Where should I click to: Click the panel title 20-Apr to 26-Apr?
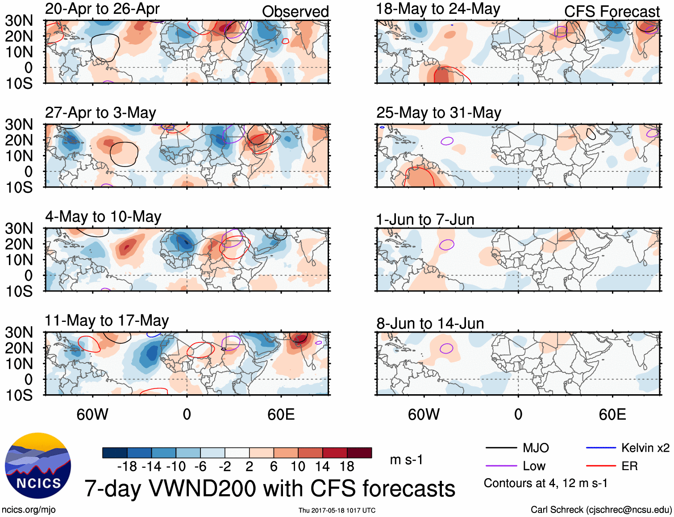(102, 9)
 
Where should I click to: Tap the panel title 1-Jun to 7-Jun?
(425, 220)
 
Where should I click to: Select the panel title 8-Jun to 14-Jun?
(430, 323)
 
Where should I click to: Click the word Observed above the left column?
(295, 12)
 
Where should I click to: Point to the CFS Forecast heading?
(612, 12)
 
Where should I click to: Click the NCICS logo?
(38, 466)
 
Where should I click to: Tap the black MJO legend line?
(501, 448)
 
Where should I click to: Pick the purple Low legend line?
(501, 466)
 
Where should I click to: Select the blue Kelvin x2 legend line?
(601, 448)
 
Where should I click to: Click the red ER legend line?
(601, 466)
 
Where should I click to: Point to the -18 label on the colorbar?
(127, 467)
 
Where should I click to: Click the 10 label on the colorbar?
(298, 467)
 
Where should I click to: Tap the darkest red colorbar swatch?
(359, 453)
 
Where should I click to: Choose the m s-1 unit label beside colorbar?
(406, 460)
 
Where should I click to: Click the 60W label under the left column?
(92, 414)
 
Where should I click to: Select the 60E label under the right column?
(612, 414)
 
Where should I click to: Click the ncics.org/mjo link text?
(29, 510)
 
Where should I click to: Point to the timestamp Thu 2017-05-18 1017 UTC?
(337, 510)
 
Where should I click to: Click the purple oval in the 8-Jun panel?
(446, 348)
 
